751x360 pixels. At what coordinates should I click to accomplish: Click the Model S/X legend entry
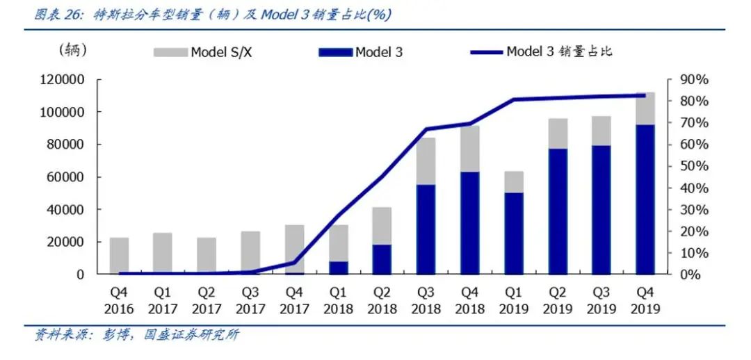click(202, 52)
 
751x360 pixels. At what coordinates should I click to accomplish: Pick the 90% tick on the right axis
click(693, 80)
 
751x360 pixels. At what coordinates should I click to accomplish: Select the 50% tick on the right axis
click(693, 167)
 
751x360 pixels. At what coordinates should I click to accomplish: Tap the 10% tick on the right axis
click(693, 253)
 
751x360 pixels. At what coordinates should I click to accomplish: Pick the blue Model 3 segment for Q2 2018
click(382, 259)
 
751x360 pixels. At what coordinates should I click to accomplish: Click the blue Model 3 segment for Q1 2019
click(514, 234)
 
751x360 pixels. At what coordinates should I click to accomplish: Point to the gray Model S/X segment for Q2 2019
click(558, 133)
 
